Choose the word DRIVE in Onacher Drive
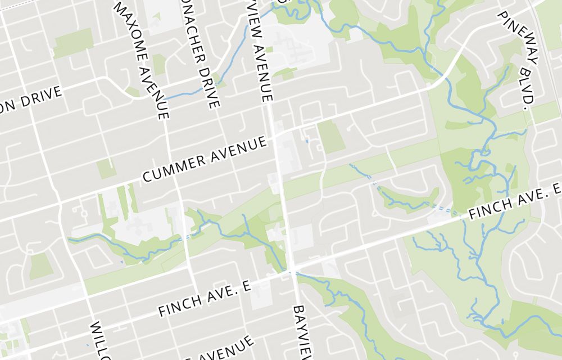click(210, 84)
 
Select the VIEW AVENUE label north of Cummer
click(260, 51)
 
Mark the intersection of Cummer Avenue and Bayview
click(275, 136)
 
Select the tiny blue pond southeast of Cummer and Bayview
click(307, 141)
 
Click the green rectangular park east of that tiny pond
click(332, 137)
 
